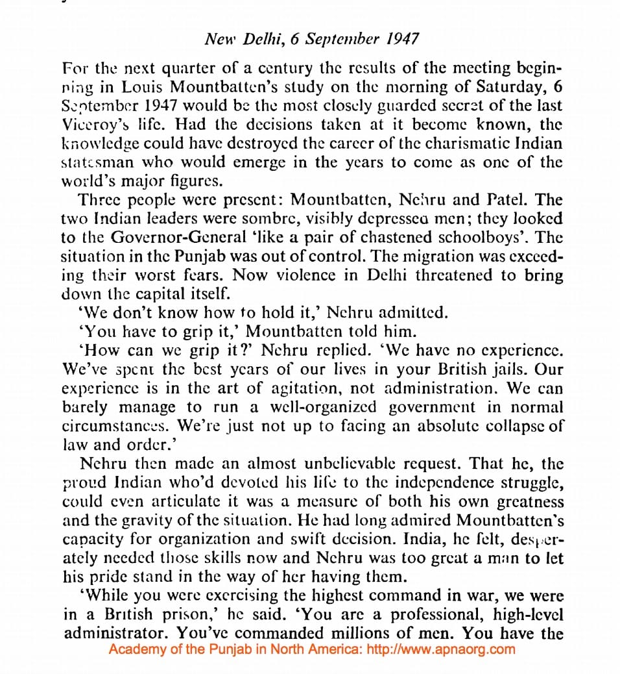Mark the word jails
click(473, 369)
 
